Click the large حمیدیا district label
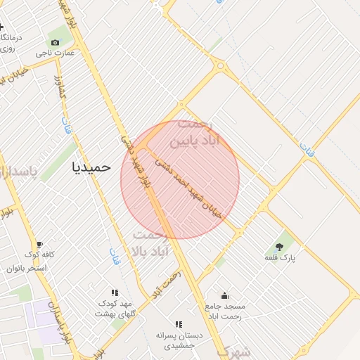point(92,167)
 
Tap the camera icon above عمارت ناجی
point(56,42)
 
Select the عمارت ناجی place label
point(56,53)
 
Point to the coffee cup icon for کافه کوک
point(39,244)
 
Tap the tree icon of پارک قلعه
point(280,247)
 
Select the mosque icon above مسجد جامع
point(224,295)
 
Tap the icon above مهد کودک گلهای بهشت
point(115,292)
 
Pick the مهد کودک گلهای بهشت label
point(117,309)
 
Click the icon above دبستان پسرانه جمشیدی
point(178,324)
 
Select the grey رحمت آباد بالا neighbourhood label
point(149,243)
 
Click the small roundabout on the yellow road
point(222,68)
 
